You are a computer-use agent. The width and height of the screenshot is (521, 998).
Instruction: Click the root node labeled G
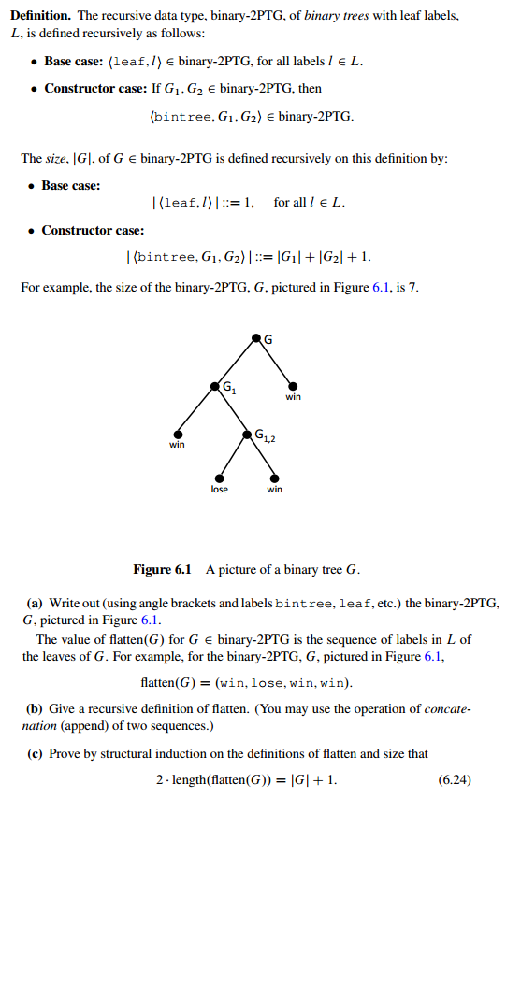[x=255, y=336]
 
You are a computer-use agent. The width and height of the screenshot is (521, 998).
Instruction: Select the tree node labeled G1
[x=215, y=385]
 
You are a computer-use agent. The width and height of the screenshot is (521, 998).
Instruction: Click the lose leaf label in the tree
[x=219, y=489]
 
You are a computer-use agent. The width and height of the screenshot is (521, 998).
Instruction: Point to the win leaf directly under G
[x=293, y=386]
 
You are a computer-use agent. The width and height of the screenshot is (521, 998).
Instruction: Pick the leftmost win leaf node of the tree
[x=178, y=434]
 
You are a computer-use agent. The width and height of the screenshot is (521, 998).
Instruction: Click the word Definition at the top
[x=42, y=16]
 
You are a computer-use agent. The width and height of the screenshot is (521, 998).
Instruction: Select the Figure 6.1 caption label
[x=162, y=569]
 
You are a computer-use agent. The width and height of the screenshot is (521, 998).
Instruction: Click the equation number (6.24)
[x=455, y=778]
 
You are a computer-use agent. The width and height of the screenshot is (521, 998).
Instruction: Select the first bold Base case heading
[x=72, y=62]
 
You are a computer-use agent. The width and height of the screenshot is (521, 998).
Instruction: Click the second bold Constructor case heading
[x=93, y=230]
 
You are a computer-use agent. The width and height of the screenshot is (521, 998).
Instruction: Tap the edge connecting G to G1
[x=236, y=361]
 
